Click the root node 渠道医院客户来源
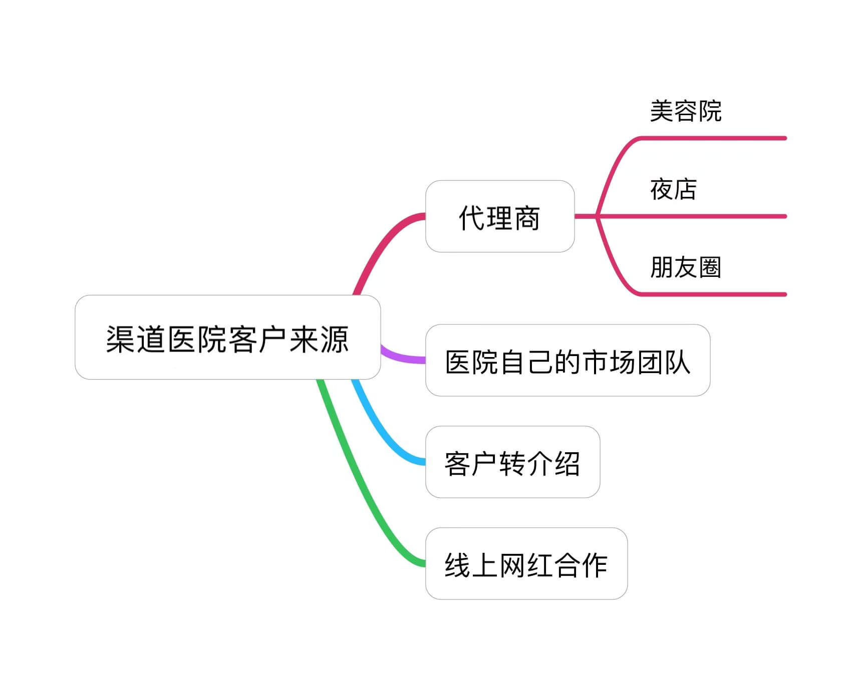[227, 337]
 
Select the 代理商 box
[499, 216]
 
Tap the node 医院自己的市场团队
[567, 361]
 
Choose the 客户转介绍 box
[512, 462]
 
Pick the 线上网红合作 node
[526, 564]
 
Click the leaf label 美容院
[685, 111]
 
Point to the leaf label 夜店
[673, 189]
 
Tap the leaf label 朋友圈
[685, 267]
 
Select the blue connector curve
[381, 431]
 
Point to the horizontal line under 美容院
[716, 138]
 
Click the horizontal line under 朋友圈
[716, 294]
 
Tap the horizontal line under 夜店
[716, 216]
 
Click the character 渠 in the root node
[120, 340]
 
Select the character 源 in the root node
[334, 340]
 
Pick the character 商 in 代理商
[527, 218]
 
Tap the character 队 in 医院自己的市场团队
[677, 362]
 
